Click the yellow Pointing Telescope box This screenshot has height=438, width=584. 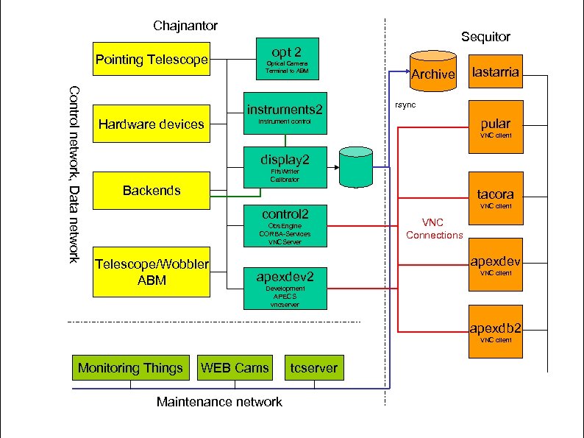(x=152, y=59)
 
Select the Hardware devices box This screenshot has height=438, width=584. (x=152, y=124)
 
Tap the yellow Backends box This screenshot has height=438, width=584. (x=152, y=191)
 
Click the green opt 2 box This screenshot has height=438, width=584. (x=286, y=58)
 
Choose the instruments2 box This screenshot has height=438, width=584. (x=284, y=114)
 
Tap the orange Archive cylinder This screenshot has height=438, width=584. (x=432, y=71)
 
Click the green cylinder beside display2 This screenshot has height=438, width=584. (x=357, y=167)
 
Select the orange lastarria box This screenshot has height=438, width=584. (x=496, y=72)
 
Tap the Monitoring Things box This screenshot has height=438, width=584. (x=130, y=367)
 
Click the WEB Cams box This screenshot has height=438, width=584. (x=235, y=367)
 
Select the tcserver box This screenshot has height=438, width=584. (x=314, y=367)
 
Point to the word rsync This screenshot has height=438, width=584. (x=405, y=105)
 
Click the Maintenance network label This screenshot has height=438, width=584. (x=219, y=402)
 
